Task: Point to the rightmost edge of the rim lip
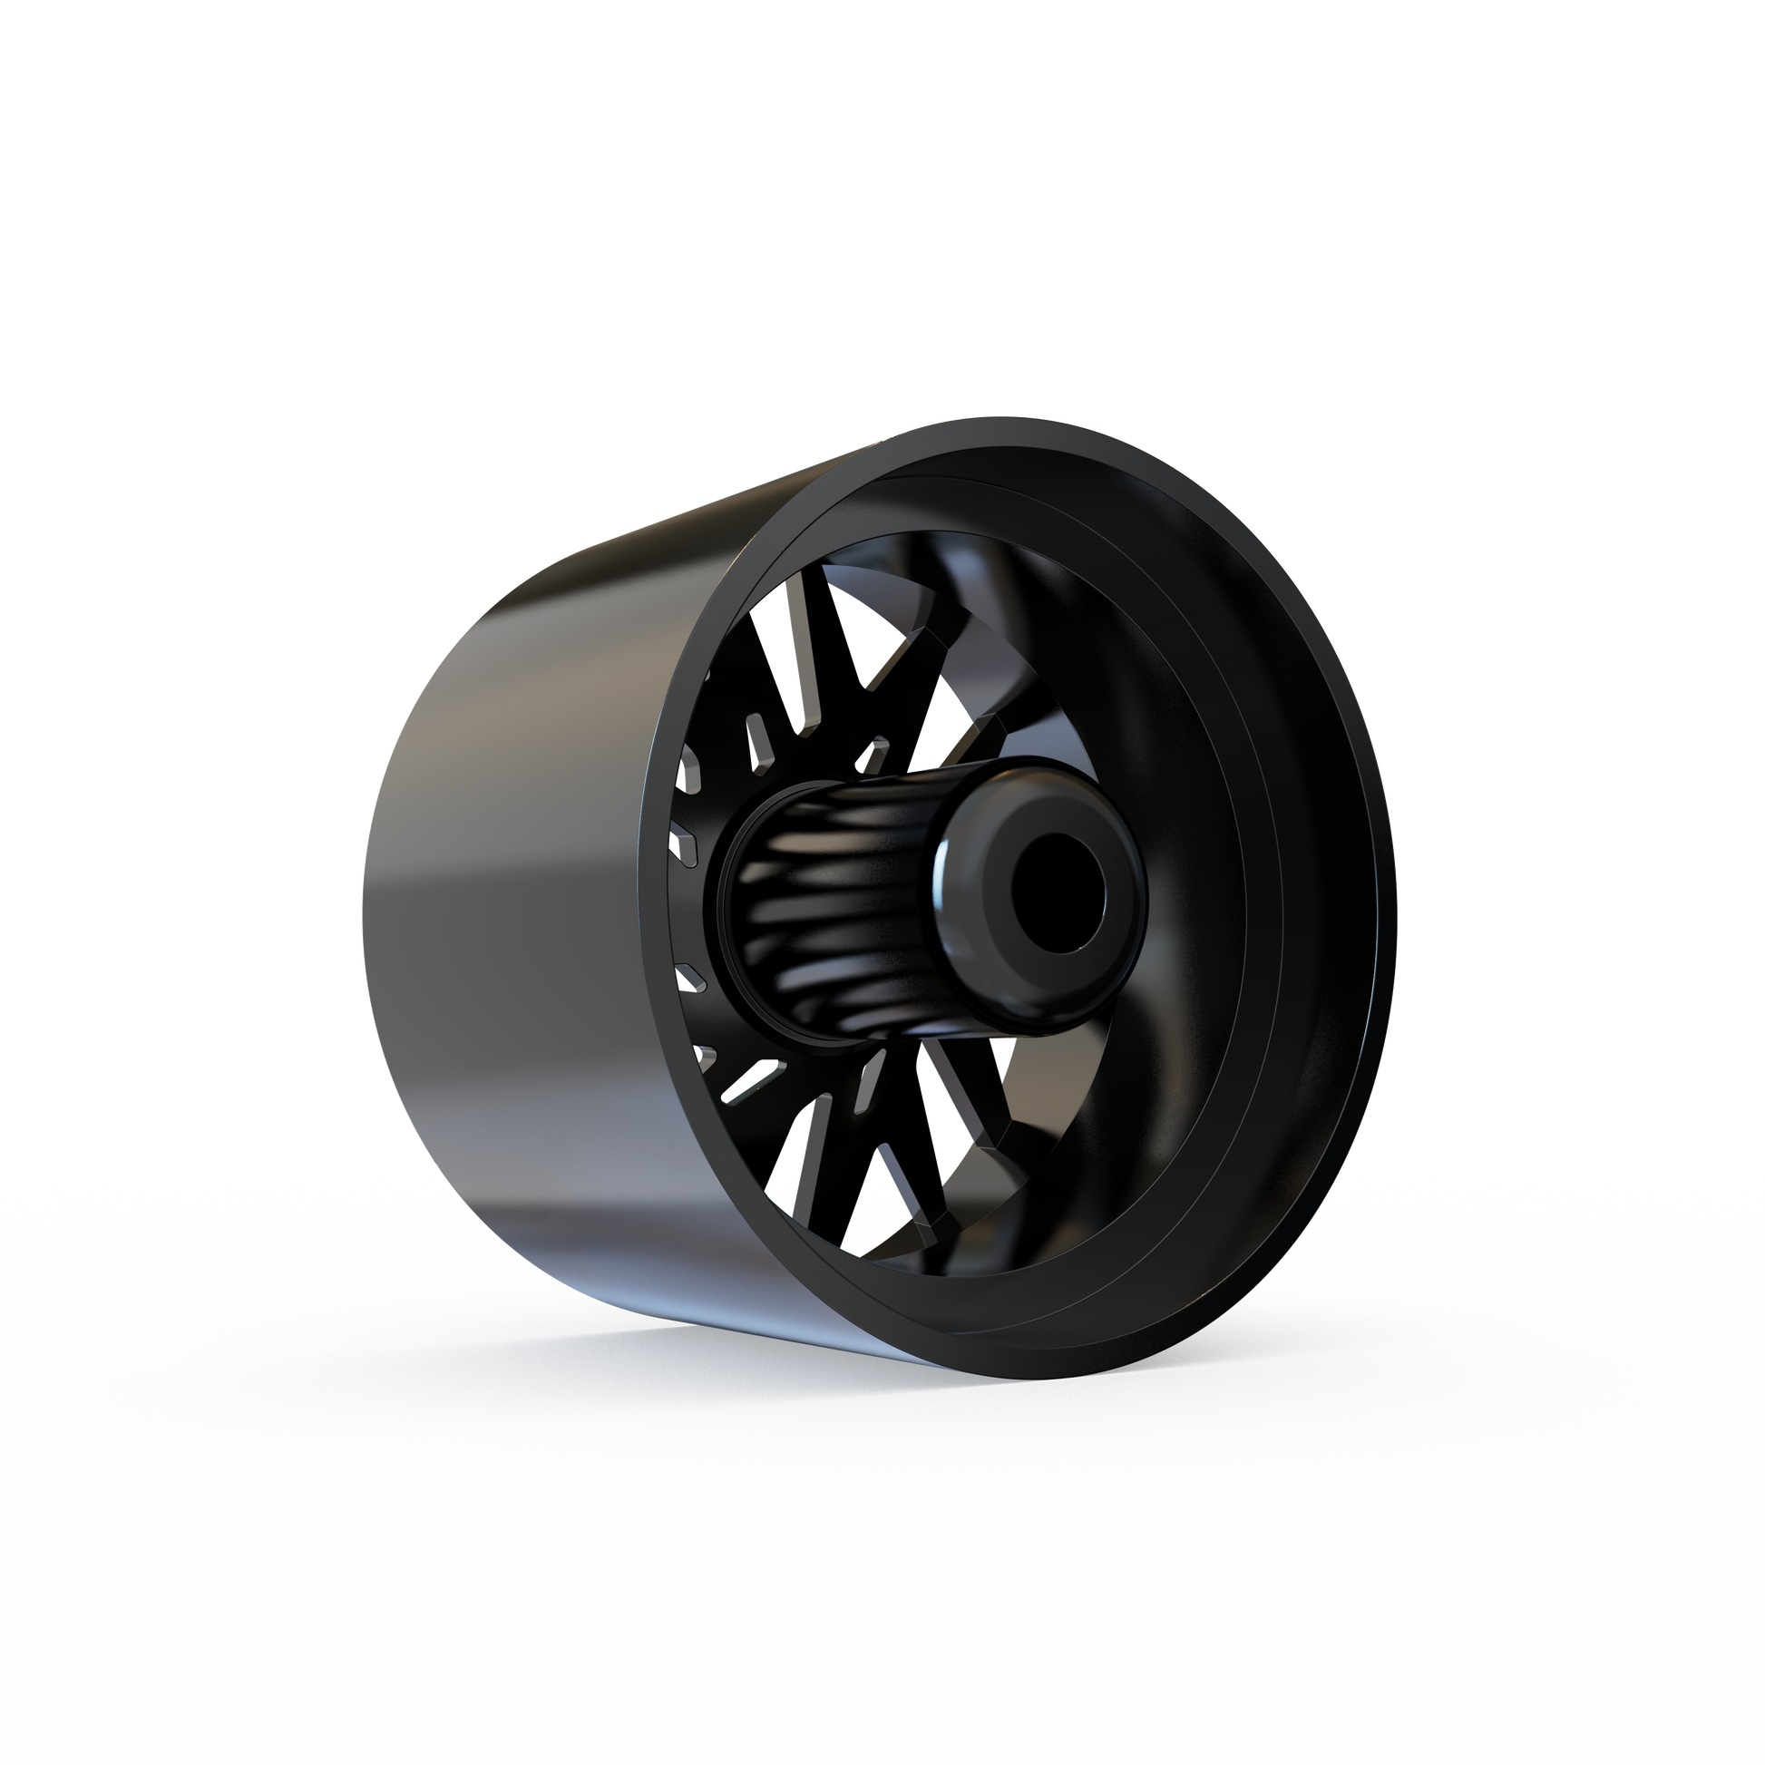[1397, 913]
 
